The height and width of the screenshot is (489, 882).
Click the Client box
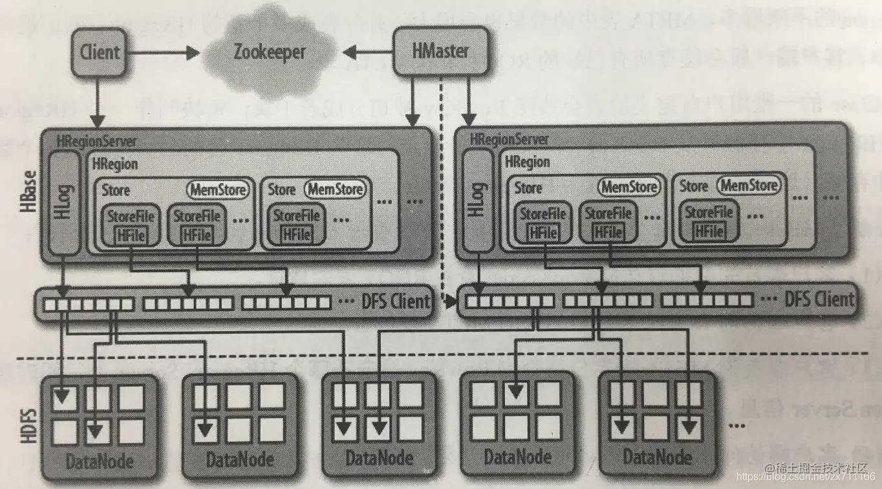100,51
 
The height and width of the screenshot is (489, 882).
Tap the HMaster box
440,51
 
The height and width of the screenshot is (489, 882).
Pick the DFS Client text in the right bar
819,299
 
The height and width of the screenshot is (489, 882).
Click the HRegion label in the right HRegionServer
528,162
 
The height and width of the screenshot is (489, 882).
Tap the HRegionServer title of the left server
98,140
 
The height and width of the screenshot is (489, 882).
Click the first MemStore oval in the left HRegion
217,190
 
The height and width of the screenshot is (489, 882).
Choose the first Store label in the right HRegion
528,188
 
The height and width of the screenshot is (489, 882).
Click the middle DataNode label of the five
379,459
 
